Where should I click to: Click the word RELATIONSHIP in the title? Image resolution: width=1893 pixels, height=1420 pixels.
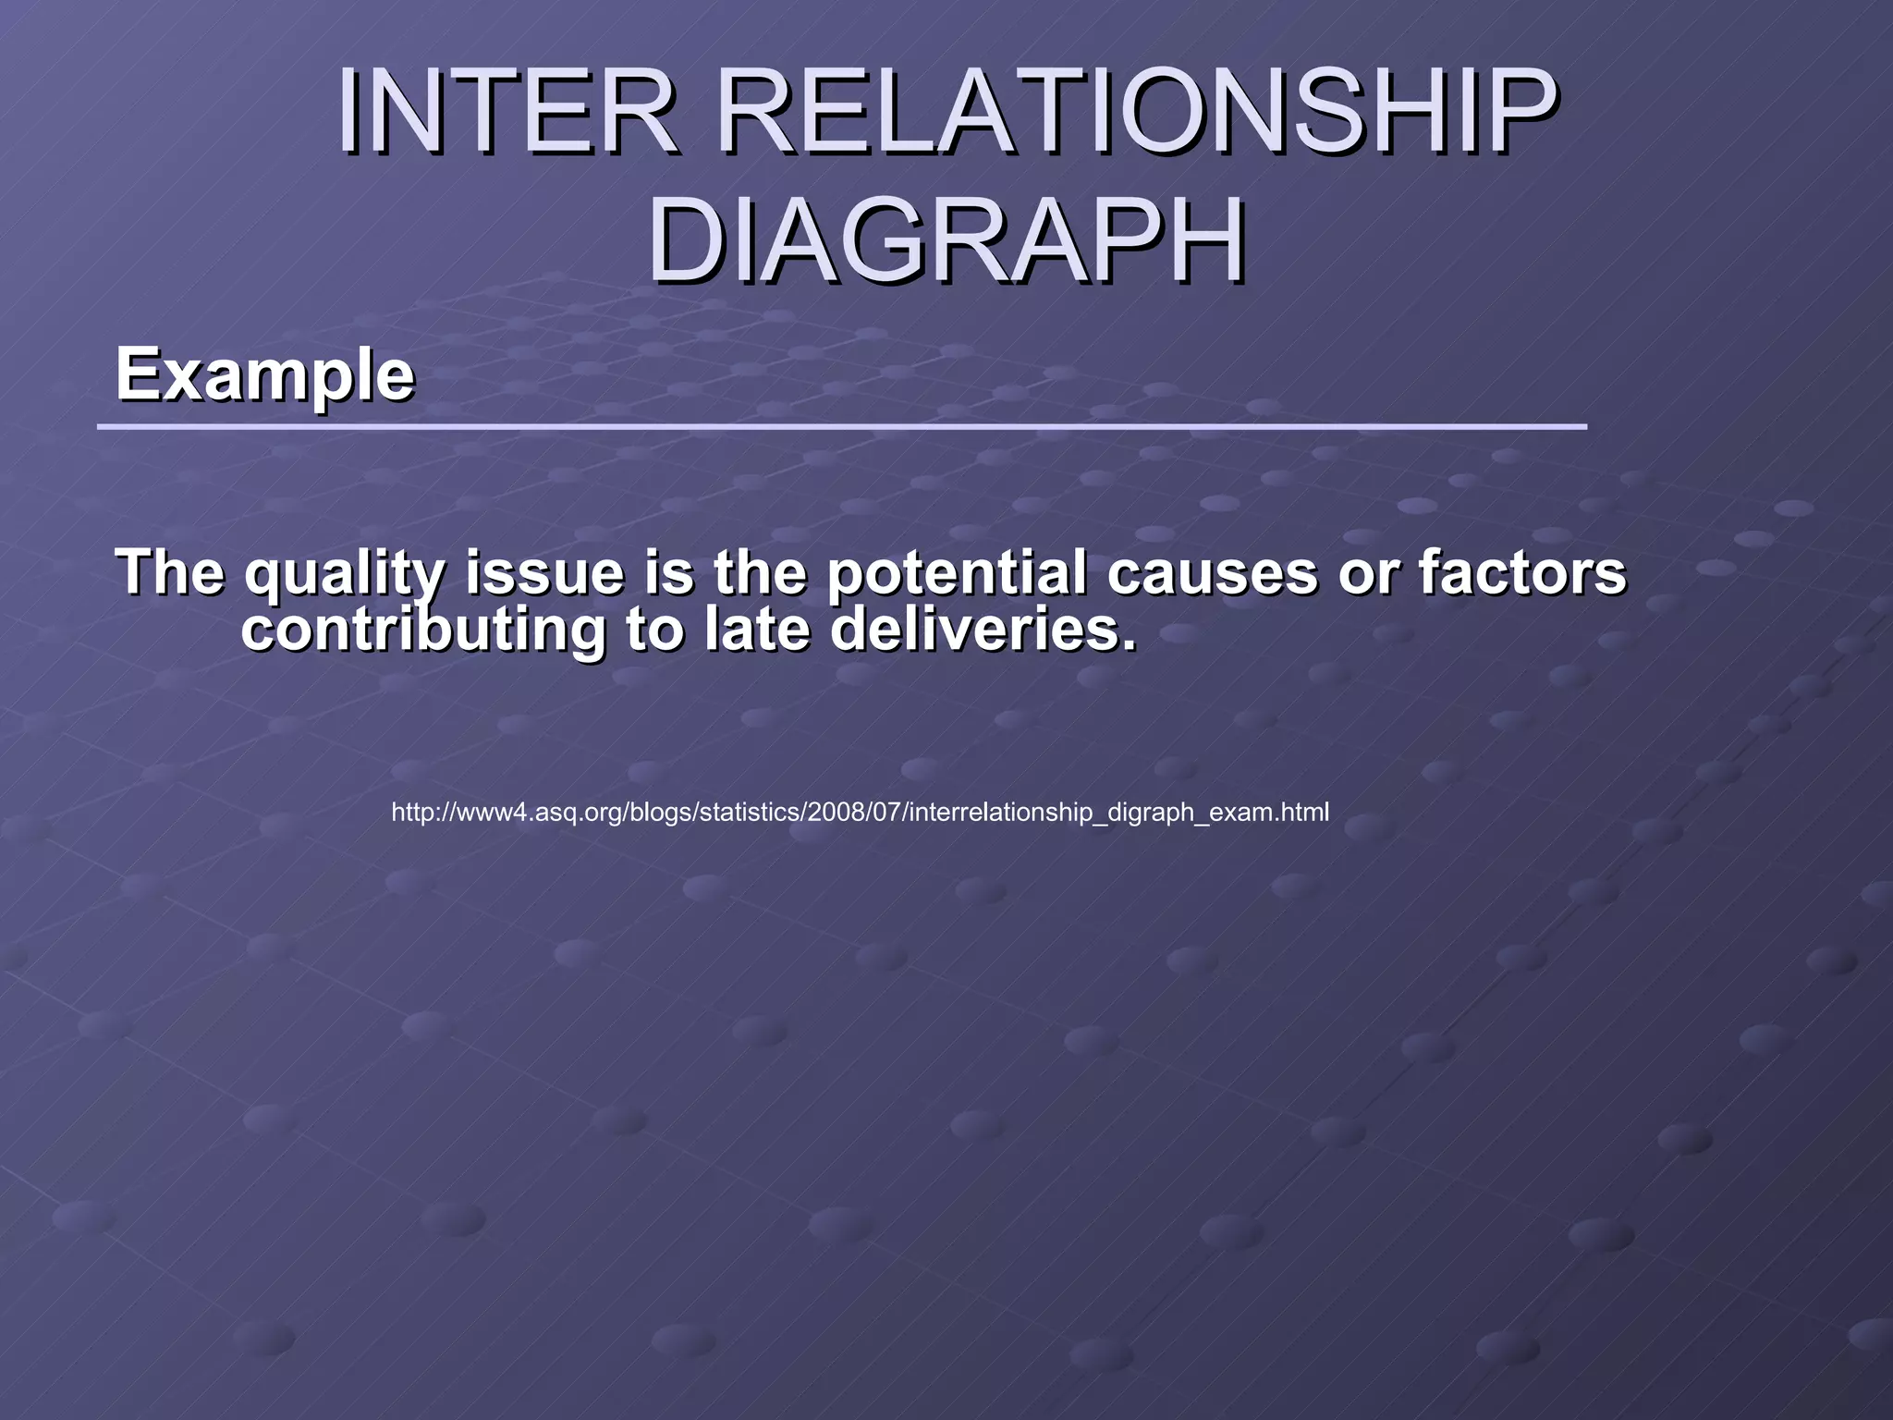1136,113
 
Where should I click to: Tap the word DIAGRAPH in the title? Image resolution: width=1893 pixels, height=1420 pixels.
946,242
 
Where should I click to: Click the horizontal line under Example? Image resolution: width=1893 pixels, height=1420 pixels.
841,426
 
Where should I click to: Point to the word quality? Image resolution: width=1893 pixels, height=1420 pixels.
345,574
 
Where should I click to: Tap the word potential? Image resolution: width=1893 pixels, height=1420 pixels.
956,574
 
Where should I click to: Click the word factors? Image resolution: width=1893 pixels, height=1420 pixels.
1522,572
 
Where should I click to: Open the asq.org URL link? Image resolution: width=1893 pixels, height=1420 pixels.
860,813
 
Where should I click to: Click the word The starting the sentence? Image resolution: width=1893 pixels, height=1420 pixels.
170,572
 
